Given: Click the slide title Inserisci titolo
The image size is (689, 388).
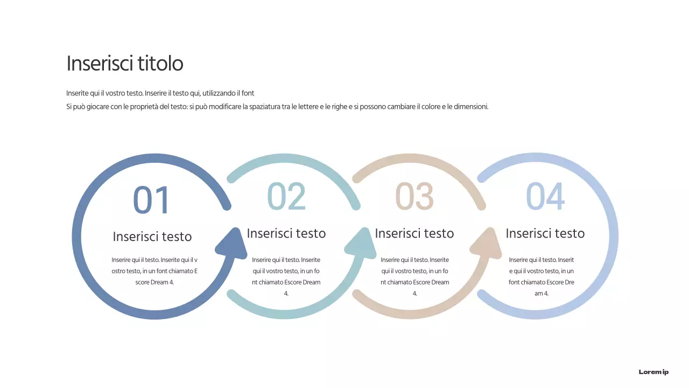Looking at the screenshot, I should (x=125, y=64).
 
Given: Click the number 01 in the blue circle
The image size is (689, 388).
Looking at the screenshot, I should (x=151, y=200).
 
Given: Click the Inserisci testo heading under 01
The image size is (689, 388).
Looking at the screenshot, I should (x=152, y=237).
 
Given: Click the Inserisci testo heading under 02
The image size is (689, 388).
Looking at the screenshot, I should (x=286, y=233).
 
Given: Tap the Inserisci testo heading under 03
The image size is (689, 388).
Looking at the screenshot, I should (x=414, y=233).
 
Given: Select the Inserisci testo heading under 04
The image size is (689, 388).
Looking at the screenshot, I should (x=545, y=233).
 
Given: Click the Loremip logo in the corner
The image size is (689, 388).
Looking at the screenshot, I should (x=653, y=372).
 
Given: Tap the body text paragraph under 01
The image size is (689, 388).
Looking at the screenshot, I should (x=154, y=271).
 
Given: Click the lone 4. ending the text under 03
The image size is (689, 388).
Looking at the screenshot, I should (x=414, y=294).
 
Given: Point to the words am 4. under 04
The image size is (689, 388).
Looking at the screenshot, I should (x=542, y=294).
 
